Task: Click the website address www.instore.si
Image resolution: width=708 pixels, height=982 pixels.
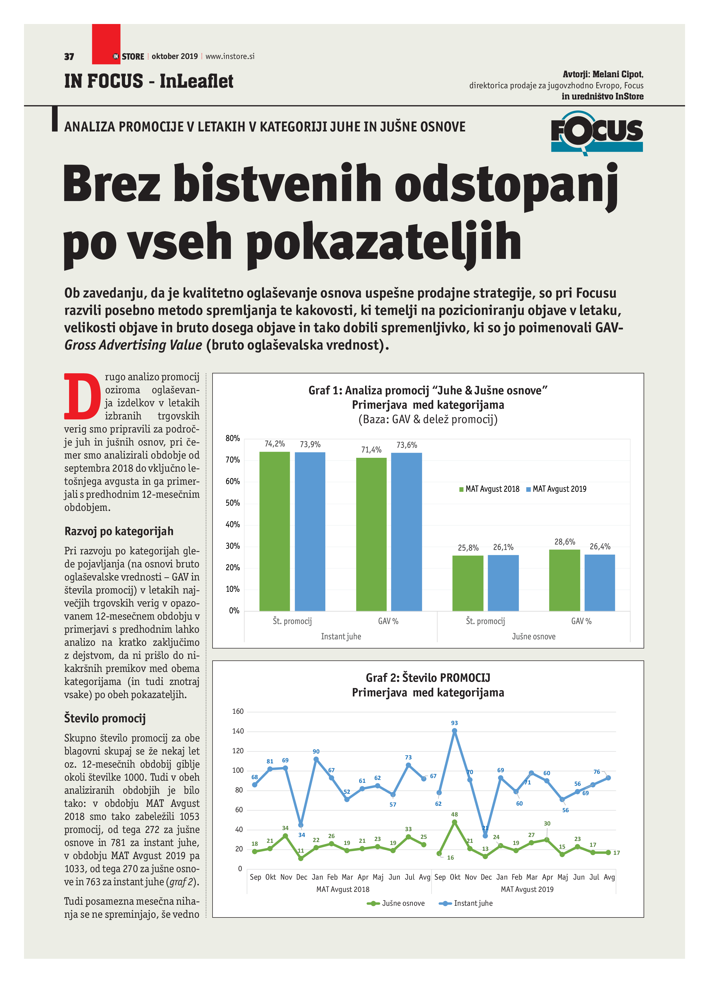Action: pyautogui.click(x=230, y=56)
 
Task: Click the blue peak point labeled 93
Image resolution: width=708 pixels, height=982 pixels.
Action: pyautogui.click(x=454, y=731)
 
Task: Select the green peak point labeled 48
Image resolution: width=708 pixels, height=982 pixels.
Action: pyautogui.click(x=454, y=822)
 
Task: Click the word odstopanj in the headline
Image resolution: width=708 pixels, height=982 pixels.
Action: pyautogui.click(x=506, y=184)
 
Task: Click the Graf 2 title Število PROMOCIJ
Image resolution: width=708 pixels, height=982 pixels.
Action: pyautogui.click(x=428, y=678)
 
